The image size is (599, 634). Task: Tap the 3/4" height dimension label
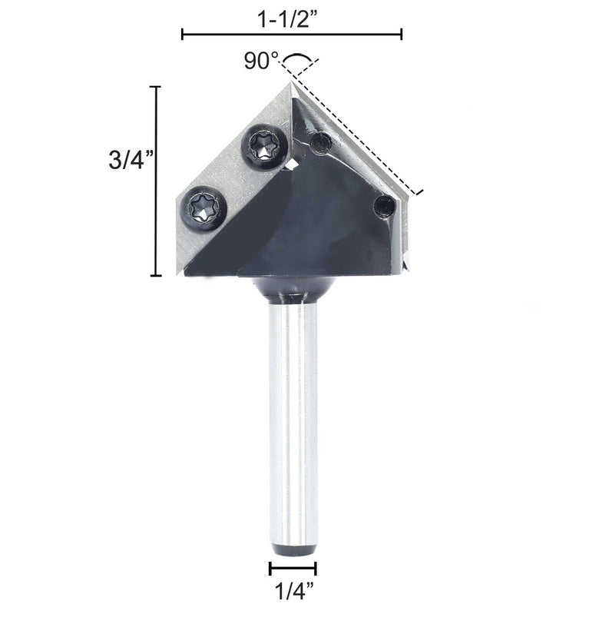point(131,160)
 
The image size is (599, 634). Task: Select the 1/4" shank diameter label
point(294,591)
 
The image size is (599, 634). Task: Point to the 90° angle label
point(262,61)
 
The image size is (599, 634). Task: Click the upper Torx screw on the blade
point(265,147)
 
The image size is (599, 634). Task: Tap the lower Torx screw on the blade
point(204,208)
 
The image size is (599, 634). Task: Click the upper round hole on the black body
point(321,144)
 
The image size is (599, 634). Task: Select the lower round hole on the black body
point(385,207)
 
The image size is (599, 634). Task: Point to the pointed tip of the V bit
point(291,82)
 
